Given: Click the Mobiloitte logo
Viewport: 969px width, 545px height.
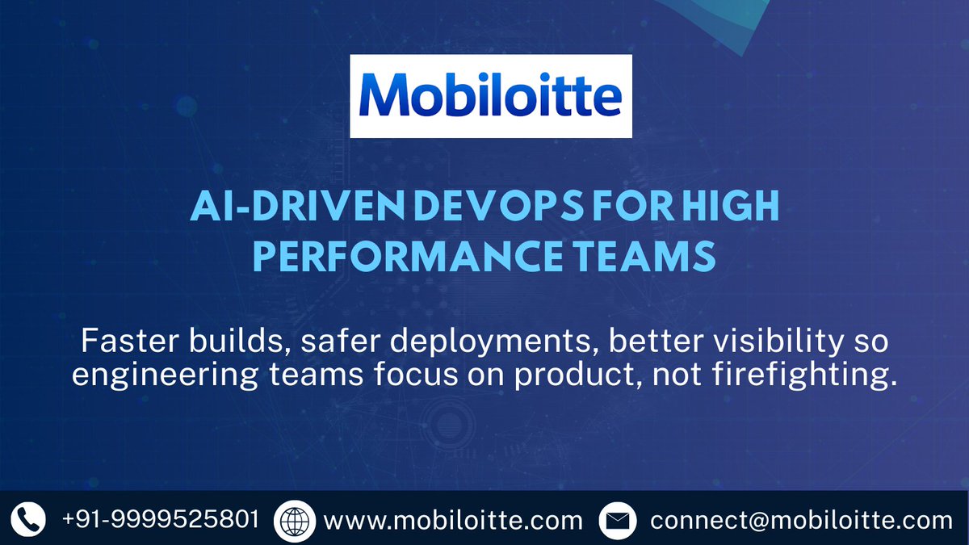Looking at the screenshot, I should pos(491,95).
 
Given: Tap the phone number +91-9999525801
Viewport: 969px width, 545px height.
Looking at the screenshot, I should pos(161,518).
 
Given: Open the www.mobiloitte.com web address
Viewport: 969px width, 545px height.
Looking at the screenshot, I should pos(453,519).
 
